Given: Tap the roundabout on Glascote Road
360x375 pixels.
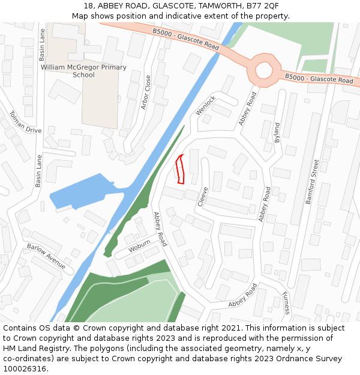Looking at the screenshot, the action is pos(264,70).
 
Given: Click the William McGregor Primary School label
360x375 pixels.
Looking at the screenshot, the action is pos(83,71).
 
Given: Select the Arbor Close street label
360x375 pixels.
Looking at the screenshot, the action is pos(146,92).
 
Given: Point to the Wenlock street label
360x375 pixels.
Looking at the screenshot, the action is pos(205,106).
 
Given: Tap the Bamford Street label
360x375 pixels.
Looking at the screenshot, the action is pos(313,182).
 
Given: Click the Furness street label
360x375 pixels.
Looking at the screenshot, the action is pos(286,303).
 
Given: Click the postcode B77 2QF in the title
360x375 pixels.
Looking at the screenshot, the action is pos(260,6).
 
